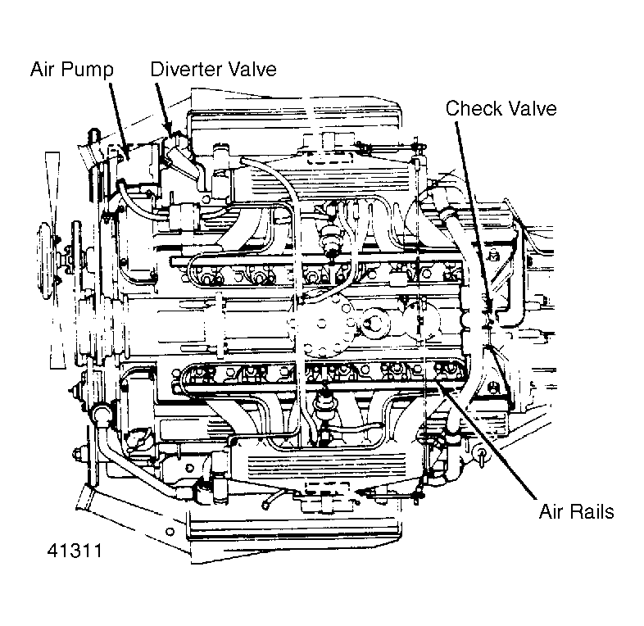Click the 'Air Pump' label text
click(x=70, y=70)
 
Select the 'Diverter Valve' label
click(x=213, y=70)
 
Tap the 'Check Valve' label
click(x=501, y=109)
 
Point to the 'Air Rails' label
click(x=576, y=512)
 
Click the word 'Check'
click(x=472, y=109)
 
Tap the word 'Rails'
click(x=593, y=512)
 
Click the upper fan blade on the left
click(x=54, y=180)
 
